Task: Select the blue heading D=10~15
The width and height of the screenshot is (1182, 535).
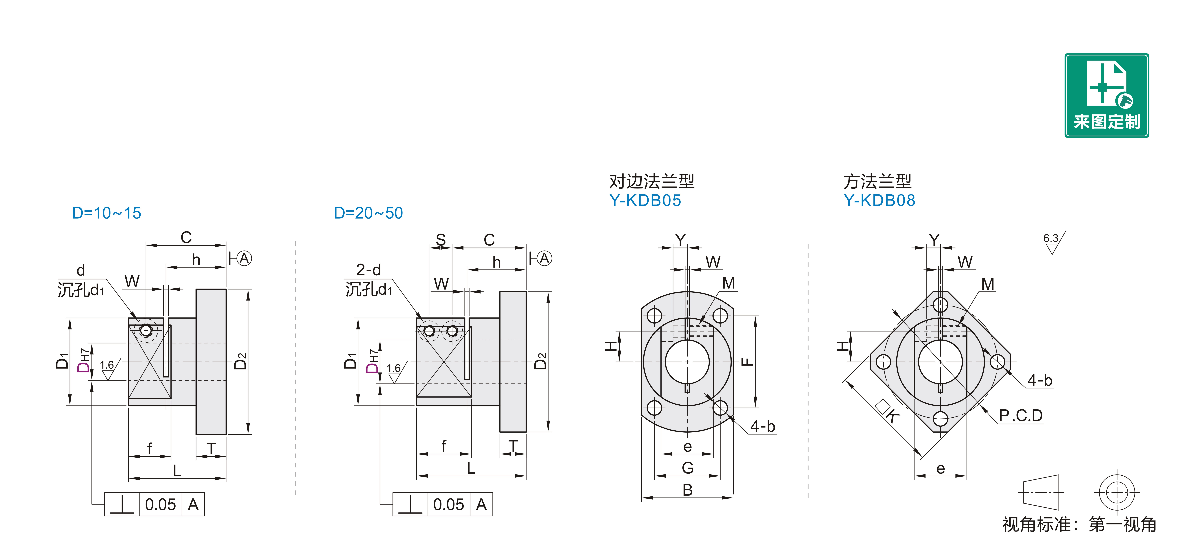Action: point(106,213)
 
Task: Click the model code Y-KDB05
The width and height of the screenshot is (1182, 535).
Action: point(645,201)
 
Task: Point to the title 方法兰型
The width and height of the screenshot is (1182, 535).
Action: point(877,181)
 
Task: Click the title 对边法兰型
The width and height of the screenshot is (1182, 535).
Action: point(652,181)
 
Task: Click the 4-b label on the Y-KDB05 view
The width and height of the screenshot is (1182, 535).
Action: point(763,426)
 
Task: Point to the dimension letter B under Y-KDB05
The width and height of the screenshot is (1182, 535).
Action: point(687,490)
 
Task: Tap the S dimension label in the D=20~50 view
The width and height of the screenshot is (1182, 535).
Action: point(441,239)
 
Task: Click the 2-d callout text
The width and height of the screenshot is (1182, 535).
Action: point(368,269)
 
